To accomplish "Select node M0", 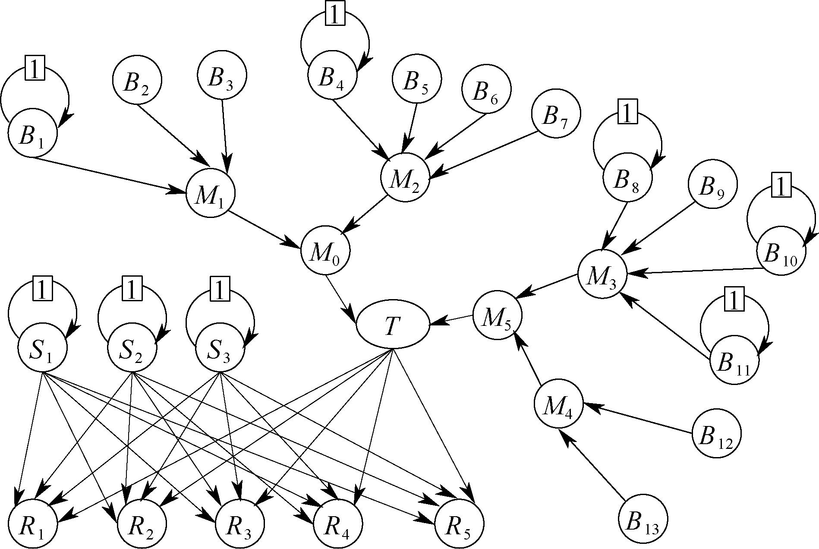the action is (x=325, y=251).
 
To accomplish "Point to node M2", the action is (x=405, y=177).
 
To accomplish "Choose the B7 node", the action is (x=556, y=114).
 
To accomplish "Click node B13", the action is (x=643, y=518).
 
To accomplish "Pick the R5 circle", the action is (x=459, y=523).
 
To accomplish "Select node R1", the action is (x=32, y=523).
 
